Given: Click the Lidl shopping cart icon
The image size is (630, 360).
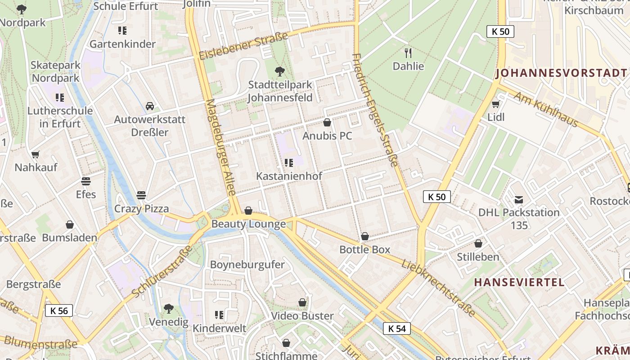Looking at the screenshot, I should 495,104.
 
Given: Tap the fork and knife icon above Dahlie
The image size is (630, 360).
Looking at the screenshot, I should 408,53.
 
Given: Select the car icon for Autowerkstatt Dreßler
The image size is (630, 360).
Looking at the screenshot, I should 150,106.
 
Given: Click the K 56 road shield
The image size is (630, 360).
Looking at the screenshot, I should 58,310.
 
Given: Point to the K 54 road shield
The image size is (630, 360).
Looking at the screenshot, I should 397,328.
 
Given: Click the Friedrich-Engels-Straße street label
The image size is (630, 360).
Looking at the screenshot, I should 375,110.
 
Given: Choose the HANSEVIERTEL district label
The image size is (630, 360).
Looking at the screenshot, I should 519,282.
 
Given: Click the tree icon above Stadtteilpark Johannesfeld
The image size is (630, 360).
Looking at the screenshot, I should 280,71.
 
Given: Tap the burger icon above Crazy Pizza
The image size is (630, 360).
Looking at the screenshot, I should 141,195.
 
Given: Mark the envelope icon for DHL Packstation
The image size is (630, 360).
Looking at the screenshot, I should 519,199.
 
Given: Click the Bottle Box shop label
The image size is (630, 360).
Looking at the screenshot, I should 364,249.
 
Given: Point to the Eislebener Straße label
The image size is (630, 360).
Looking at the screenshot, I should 243,46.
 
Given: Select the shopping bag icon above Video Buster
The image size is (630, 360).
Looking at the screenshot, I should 302,302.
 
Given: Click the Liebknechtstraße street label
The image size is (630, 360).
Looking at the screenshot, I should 438,288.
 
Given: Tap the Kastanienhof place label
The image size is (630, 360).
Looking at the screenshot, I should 289,176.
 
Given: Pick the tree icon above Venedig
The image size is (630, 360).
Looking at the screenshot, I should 169,309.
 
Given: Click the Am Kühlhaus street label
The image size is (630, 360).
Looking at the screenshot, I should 545,110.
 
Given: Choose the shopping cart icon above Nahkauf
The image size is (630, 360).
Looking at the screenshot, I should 36,154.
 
